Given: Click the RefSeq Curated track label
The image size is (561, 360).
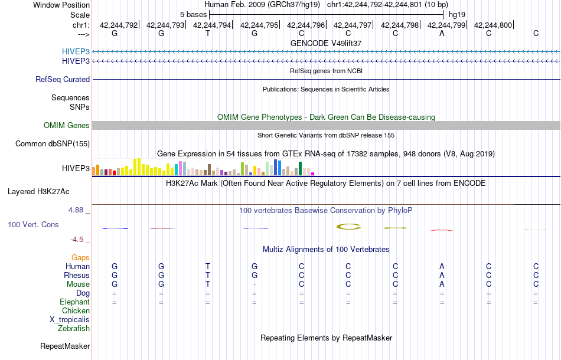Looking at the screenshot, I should tap(63, 79).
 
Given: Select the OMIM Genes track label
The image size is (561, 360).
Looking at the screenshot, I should tap(66, 125).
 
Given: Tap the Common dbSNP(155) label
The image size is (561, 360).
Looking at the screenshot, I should tap(53, 143).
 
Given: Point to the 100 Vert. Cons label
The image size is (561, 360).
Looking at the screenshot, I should tap(33, 225).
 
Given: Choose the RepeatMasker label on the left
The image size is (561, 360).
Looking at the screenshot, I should tap(64, 346).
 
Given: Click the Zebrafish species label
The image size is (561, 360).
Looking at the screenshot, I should tap(74, 328).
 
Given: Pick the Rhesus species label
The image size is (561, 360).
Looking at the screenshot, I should tap(77, 275).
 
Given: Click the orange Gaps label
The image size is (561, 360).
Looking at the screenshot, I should tap(80, 257).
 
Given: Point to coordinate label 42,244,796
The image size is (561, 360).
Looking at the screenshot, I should tap(306, 25).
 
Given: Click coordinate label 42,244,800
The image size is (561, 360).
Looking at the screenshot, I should tap(493, 25).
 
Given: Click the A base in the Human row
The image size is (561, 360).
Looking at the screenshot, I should tap(442, 266).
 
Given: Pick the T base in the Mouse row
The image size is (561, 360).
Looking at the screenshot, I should tap(208, 284).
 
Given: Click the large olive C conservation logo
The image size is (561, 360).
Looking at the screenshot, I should tap(348, 227).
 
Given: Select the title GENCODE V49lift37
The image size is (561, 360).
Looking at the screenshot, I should tap(326, 43).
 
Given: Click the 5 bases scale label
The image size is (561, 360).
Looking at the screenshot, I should tap(193, 14).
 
